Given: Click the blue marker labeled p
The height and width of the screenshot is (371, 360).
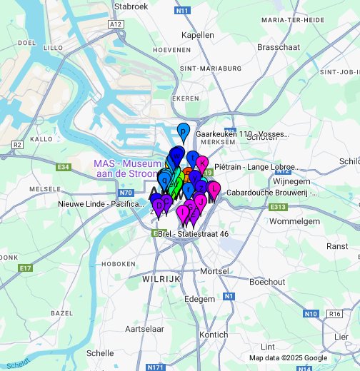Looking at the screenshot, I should coord(184,131).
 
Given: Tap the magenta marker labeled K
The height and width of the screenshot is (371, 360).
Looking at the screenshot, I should coord(202,163).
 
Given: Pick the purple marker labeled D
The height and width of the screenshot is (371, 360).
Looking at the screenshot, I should coord(158,205).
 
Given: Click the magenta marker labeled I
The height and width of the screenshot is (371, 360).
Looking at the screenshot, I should coord(185,210).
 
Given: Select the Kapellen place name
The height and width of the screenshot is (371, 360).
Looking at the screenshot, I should coord(198,34).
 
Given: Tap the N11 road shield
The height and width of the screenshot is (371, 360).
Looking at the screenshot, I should coord(182,10).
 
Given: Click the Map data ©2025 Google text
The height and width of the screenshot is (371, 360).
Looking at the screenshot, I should coord(288,358).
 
